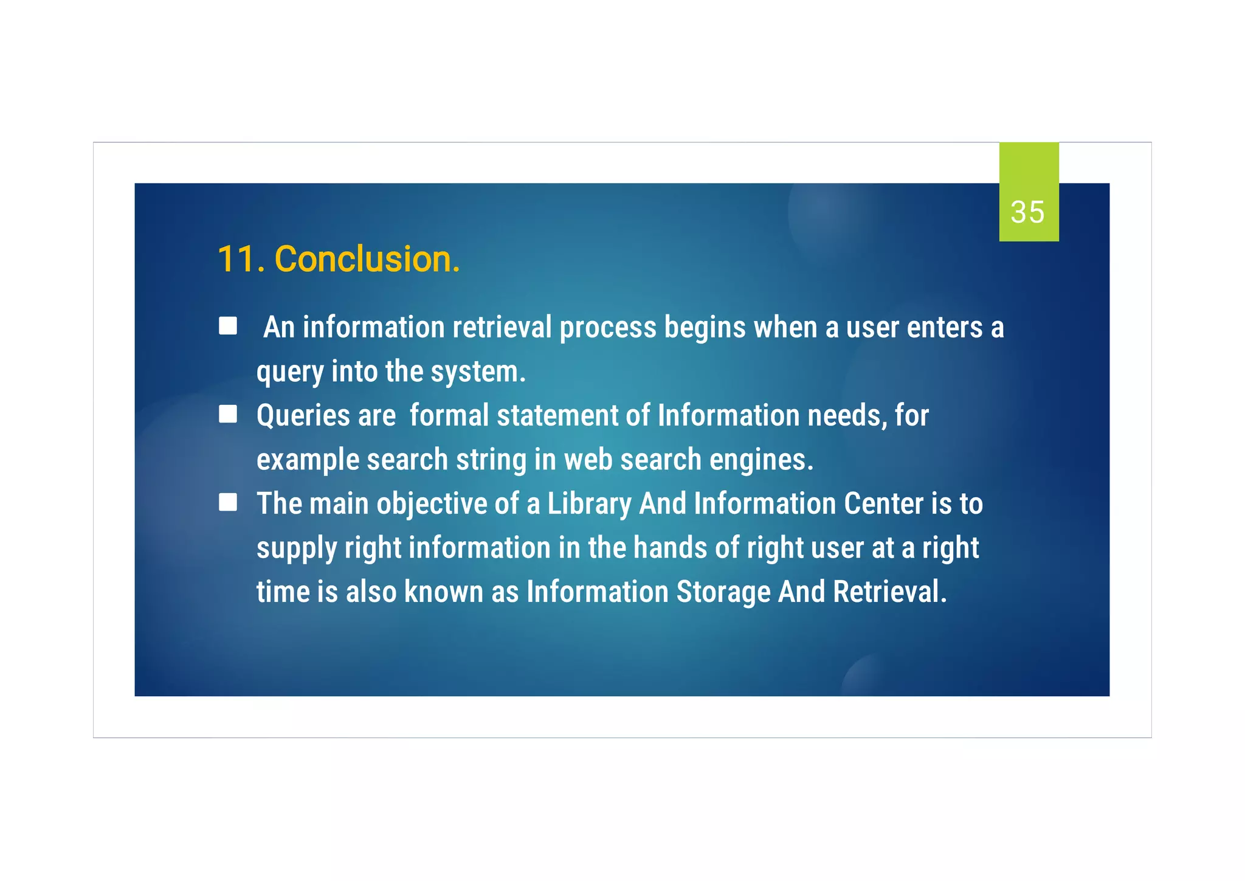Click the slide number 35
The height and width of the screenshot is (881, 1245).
(x=1027, y=212)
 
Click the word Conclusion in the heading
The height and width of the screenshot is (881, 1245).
(x=367, y=259)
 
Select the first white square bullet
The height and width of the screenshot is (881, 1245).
(x=228, y=326)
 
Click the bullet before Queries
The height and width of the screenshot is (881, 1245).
(x=228, y=414)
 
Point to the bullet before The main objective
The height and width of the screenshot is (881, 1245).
(x=228, y=502)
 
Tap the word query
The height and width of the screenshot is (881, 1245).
(x=289, y=371)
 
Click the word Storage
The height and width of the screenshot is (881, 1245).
(x=723, y=592)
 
